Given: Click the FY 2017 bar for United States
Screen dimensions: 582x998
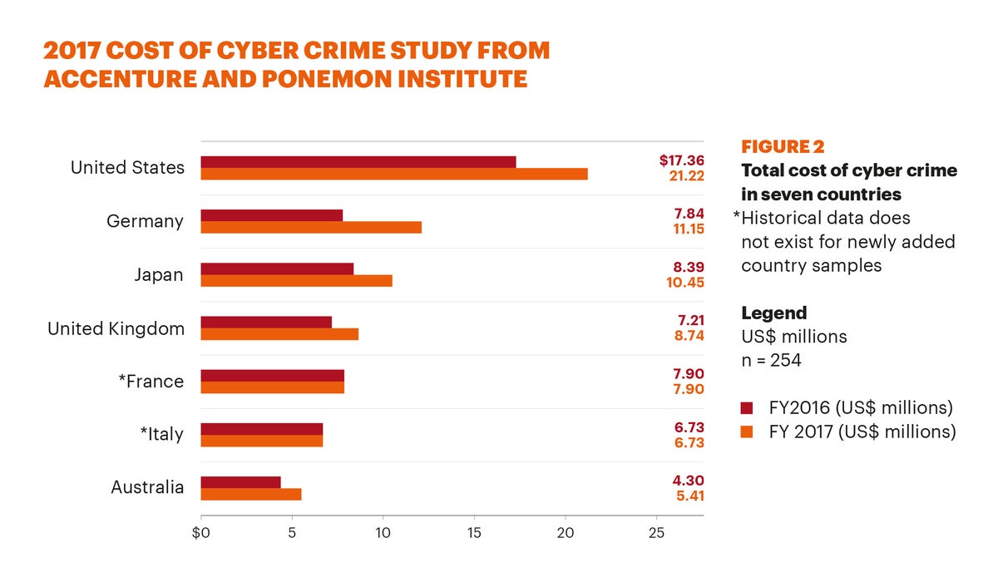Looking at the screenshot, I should click(x=394, y=174).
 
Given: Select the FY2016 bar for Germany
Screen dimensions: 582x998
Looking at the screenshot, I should click(x=272, y=215).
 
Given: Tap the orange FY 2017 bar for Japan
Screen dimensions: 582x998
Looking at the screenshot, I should click(x=297, y=281).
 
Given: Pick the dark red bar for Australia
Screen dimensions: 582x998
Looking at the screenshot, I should click(x=241, y=482).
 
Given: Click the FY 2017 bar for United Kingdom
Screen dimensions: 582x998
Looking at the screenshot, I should click(x=279, y=334).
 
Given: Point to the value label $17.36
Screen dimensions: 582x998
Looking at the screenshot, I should click(x=682, y=160).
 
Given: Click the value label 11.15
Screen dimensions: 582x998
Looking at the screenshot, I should click(x=686, y=229).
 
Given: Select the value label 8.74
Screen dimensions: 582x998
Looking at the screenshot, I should click(x=689, y=335).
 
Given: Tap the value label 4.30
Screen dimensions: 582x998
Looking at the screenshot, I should click(x=689, y=480).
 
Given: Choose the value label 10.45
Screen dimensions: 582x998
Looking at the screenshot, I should click(x=686, y=282).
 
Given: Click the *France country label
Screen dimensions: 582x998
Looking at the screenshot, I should click(x=151, y=382).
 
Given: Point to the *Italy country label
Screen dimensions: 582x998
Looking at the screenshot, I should click(x=161, y=434).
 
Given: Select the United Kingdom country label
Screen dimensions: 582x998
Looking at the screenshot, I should click(x=116, y=328).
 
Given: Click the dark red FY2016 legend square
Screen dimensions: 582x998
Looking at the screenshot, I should click(x=746, y=408).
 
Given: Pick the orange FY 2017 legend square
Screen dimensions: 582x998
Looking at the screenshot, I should click(x=746, y=432).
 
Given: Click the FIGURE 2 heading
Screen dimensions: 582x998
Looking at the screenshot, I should click(x=783, y=147).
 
